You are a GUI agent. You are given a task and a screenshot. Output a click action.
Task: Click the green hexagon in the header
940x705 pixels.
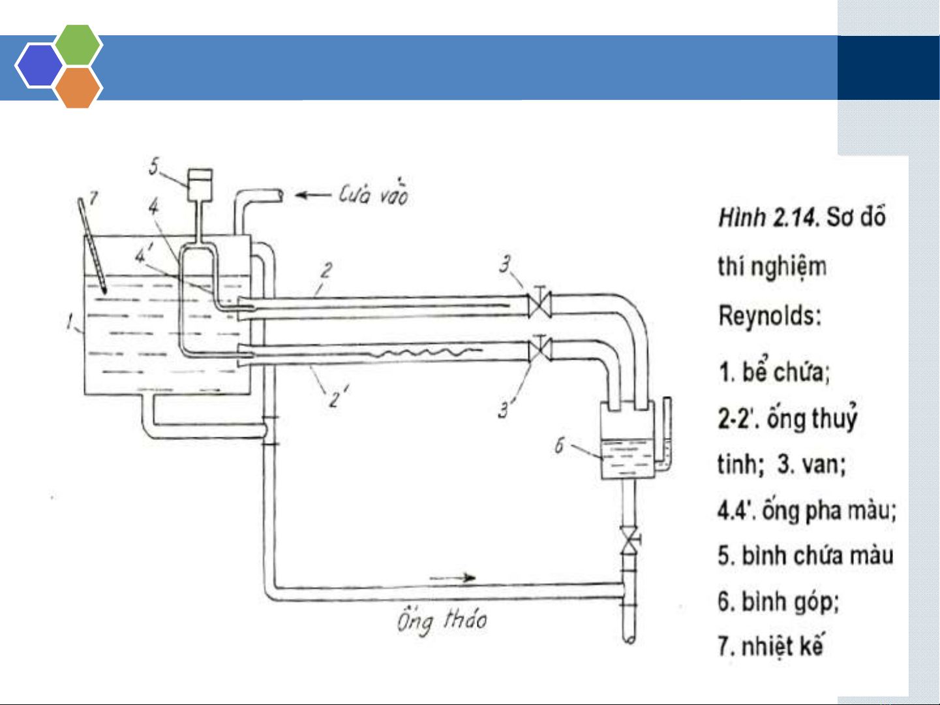click(x=78, y=45)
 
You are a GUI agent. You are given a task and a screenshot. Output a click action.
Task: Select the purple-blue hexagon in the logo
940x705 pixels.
click(x=39, y=65)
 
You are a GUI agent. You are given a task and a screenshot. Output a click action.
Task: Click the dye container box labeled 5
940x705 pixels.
click(x=200, y=185)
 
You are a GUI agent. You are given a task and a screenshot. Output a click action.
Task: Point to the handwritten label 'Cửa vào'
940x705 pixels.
click(x=373, y=194)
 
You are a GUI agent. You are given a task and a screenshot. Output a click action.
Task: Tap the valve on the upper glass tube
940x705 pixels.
click(x=540, y=303)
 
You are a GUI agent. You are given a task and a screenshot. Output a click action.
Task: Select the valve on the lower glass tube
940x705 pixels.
click(x=540, y=349)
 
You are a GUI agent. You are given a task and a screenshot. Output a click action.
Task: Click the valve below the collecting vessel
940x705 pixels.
click(x=630, y=541)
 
